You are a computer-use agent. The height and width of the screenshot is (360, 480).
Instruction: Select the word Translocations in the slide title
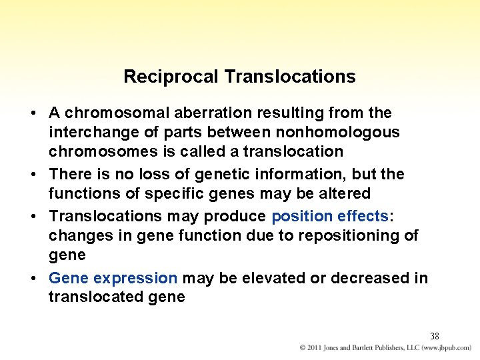[290, 77]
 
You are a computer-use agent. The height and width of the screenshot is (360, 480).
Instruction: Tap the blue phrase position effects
[330, 216]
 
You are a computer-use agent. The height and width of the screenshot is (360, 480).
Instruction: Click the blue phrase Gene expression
[113, 278]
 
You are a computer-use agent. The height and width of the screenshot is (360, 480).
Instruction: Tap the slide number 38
[434, 336]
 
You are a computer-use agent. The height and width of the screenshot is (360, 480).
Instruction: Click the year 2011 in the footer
[315, 348]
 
